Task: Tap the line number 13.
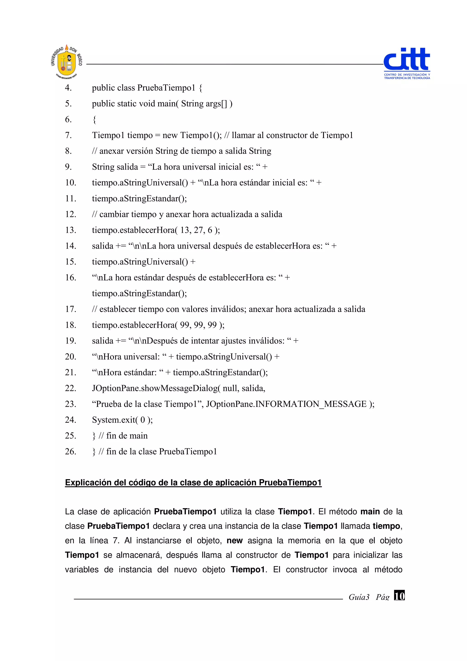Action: tap(70, 230)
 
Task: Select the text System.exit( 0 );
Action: tap(122, 420)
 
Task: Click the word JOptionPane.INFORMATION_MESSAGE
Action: tap(286, 404)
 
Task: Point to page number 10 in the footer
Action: tap(399, 595)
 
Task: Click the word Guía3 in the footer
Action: tap(358, 597)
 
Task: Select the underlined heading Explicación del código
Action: tap(193, 482)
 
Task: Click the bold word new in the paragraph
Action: tap(234, 540)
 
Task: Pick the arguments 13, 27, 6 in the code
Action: tap(196, 230)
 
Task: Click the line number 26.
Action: tap(70, 451)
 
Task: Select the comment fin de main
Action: tap(127, 436)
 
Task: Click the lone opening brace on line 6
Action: tap(94, 120)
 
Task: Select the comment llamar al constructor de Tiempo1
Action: tap(292, 135)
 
